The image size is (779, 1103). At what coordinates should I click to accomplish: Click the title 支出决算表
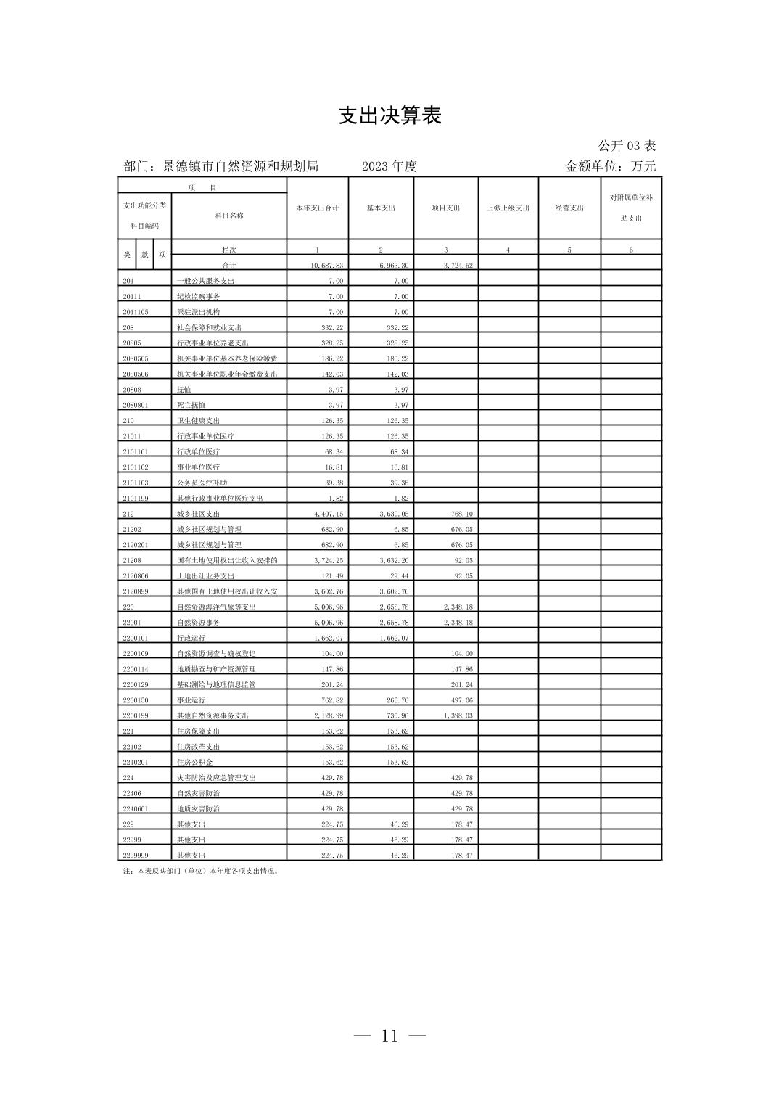click(x=389, y=116)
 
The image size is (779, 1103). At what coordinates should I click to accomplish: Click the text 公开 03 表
click(x=627, y=146)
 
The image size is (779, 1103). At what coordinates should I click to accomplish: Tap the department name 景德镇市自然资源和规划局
click(x=240, y=166)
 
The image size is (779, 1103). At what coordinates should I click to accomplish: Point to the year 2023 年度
click(x=389, y=166)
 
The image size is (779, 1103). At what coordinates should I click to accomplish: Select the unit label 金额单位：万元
click(x=610, y=166)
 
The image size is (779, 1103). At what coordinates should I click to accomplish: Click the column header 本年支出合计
click(x=317, y=208)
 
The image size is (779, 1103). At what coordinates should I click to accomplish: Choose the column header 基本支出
click(x=381, y=208)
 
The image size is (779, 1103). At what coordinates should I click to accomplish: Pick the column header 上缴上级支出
click(x=508, y=208)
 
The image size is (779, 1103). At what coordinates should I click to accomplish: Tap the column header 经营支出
click(x=569, y=208)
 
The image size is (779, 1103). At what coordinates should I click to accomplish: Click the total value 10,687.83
click(x=326, y=266)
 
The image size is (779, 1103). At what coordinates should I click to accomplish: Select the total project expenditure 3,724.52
click(x=458, y=266)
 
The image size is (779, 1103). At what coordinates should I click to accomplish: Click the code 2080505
click(x=135, y=359)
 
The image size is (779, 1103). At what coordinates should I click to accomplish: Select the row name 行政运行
click(x=191, y=639)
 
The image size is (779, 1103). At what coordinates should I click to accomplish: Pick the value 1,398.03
click(x=458, y=716)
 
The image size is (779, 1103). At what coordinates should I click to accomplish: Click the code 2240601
click(x=135, y=809)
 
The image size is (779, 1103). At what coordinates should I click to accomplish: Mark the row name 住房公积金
click(x=194, y=763)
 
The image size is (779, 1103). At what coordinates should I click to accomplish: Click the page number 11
click(x=389, y=1036)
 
